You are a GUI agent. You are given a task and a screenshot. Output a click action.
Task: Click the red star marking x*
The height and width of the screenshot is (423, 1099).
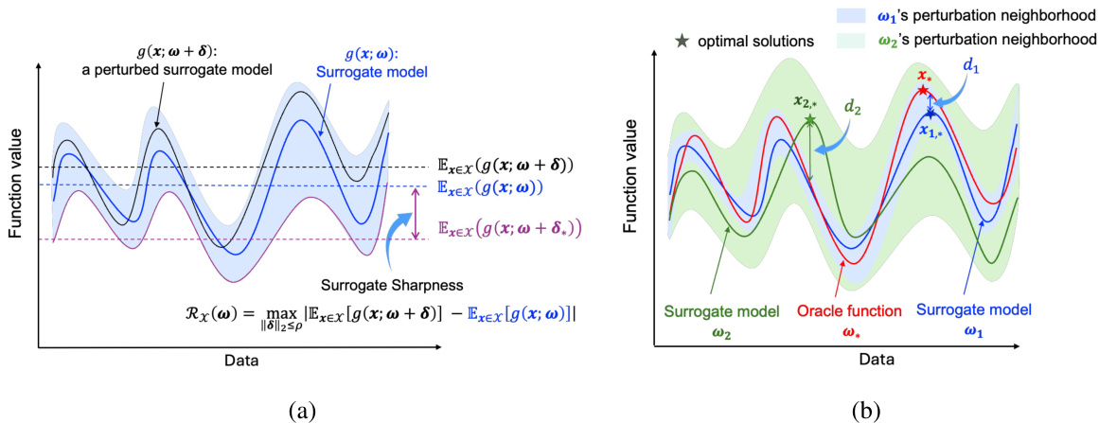(x=922, y=90)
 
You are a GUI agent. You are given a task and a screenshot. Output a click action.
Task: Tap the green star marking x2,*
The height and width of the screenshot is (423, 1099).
(x=810, y=120)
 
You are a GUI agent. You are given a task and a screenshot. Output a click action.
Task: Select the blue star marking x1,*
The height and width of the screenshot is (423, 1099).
(x=931, y=114)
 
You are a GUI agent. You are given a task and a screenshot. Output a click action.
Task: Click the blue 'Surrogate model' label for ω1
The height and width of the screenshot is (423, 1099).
(x=975, y=309)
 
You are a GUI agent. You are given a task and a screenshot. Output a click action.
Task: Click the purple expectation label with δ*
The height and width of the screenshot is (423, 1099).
(x=507, y=228)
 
